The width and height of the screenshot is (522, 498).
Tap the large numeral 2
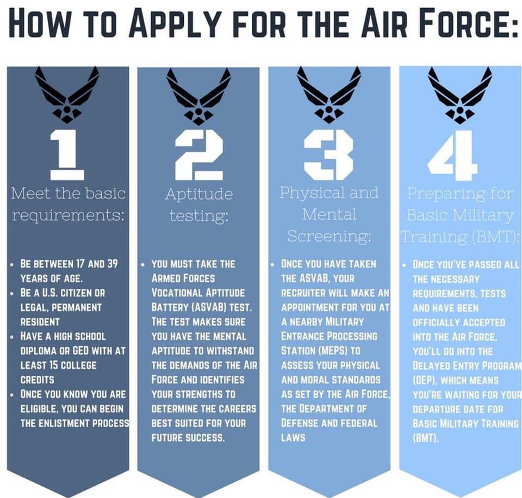point(199,155)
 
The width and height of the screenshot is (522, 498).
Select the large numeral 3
point(328,155)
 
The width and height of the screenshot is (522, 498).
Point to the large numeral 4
point(452,155)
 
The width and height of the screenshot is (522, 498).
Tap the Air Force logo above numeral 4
point(460,95)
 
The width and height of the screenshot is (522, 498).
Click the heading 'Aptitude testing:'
point(199,204)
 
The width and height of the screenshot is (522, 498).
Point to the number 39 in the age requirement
point(113,264)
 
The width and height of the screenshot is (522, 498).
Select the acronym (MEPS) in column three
point(330,351)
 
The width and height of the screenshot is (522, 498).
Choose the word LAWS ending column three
point(293,438)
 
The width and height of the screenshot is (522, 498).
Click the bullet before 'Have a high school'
point(12,337)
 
